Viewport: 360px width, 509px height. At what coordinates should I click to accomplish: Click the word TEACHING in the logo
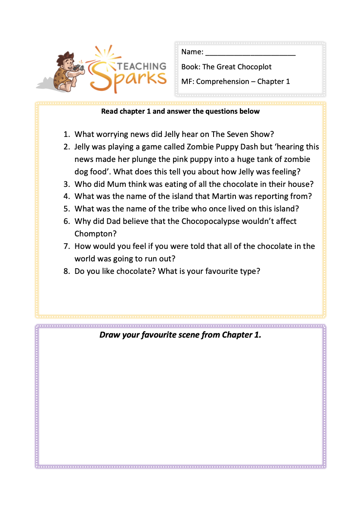click(x=142, y=66)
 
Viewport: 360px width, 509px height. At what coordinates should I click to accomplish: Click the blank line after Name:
click(x=250, y=53)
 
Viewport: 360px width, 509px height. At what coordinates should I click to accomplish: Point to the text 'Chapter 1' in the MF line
click(x=273, y=81)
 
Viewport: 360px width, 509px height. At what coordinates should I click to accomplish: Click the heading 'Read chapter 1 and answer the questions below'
click(x=180, y=111)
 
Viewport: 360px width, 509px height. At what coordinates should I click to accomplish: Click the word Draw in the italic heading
click(x=109, y=335)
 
